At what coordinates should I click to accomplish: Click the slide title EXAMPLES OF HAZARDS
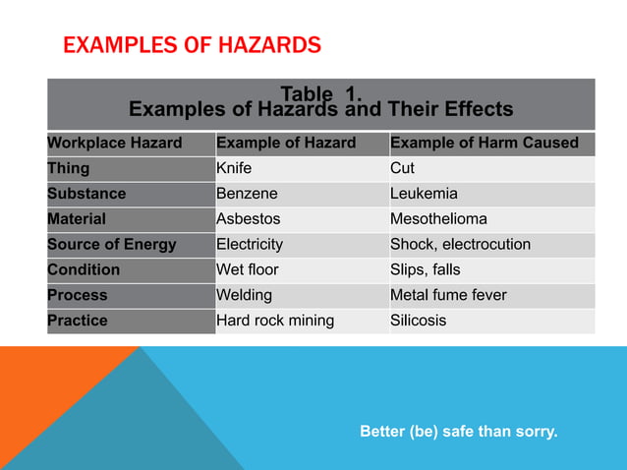click(192, 45)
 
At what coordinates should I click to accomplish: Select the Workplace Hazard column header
click(115, 144)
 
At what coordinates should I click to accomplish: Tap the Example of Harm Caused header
click(484, 144)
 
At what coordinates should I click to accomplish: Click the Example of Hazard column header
click(286, 144)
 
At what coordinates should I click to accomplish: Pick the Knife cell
click(234, 169)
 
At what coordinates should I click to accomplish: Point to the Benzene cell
click(247, 194)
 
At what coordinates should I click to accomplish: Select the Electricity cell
click(250, 245)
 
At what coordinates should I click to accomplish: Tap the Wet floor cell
click(248, 269)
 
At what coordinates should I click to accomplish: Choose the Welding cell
click(245, 295)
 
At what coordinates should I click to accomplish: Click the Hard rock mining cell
click(275, 321)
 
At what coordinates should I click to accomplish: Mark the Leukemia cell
click(424, 194)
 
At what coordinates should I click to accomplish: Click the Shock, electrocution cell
click(460, 245)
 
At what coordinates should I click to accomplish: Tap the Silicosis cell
click(418, 321)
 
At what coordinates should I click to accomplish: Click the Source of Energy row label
click(112, 245)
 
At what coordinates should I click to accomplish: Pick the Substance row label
click(87, 194)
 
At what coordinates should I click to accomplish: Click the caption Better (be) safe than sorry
click(458, 430)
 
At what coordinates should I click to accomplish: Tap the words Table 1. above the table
click(321, 94)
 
